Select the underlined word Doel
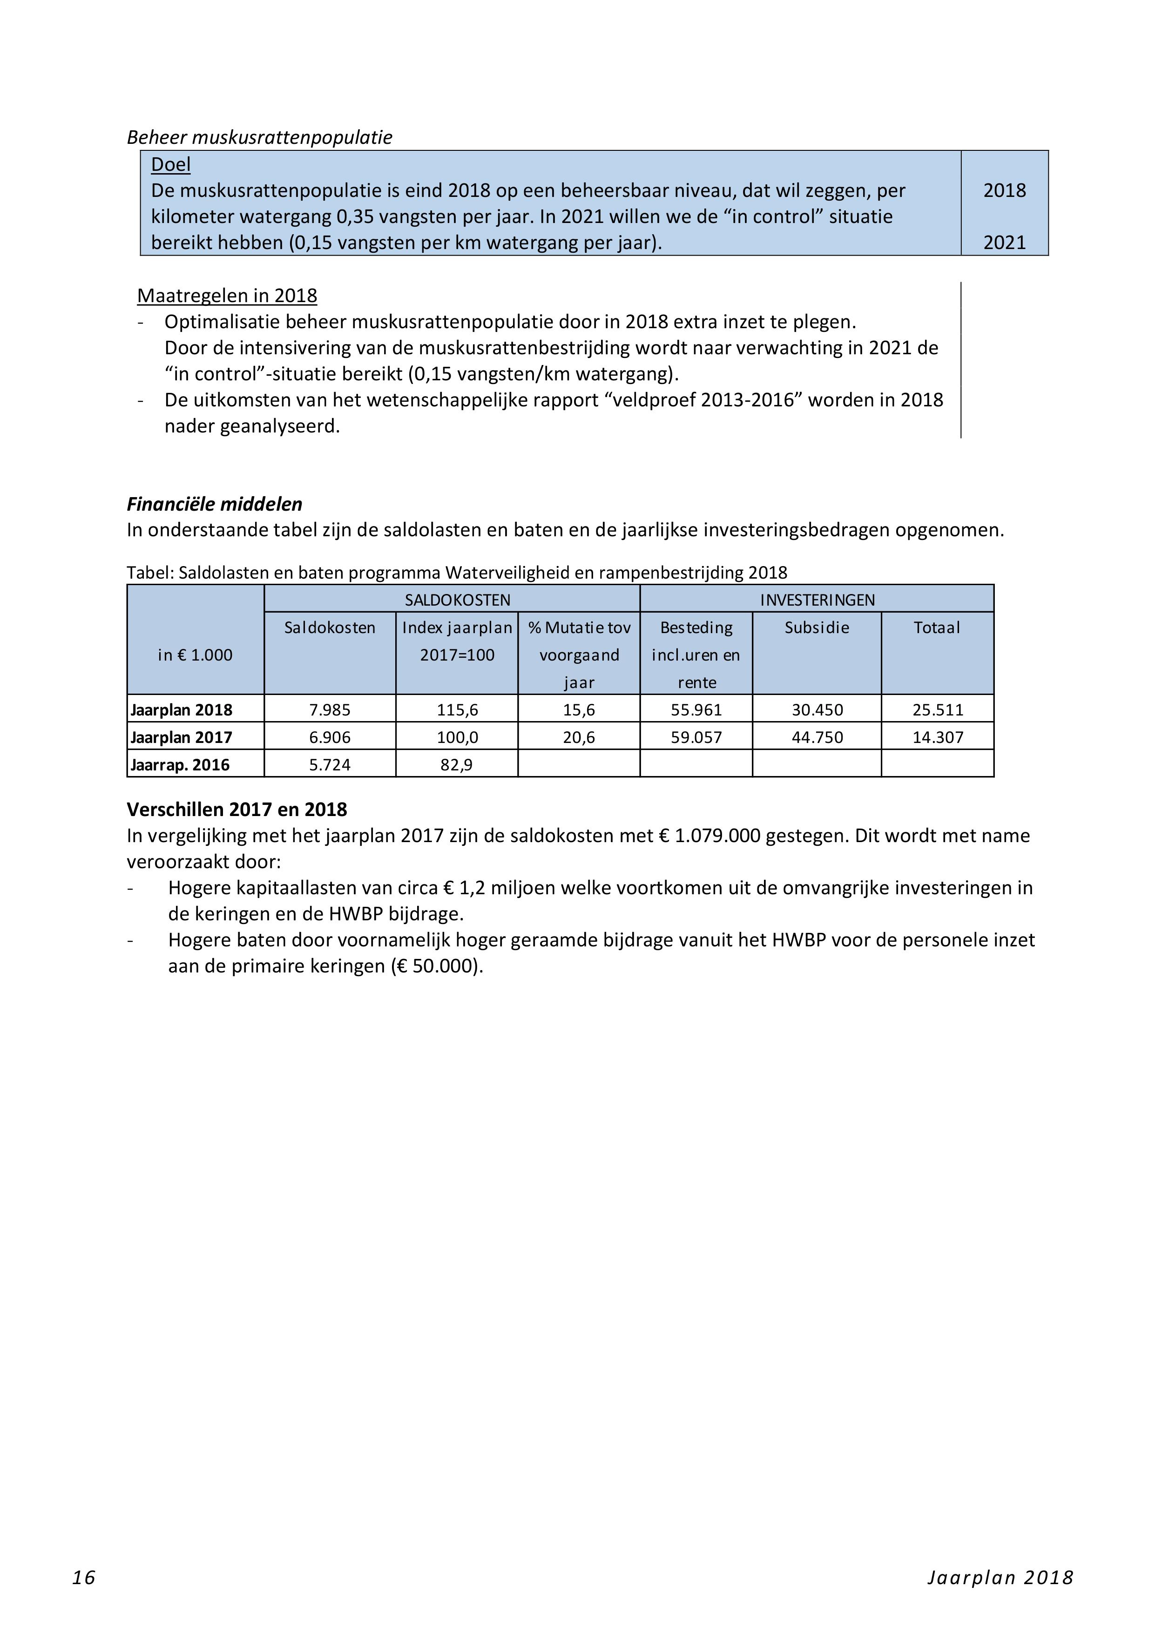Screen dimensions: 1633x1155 (x=171, y=164)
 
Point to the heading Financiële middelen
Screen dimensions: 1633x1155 (x=214, y=504)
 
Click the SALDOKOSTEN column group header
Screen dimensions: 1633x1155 (x=457, y=600)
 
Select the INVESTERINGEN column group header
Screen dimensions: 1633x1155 (x=817, y=600)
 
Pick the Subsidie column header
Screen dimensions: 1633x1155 (x=817, y=628)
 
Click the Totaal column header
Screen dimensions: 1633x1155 (x=937, y=628)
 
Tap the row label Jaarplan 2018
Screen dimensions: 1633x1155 (x=182, y=710)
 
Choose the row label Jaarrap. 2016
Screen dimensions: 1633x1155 (x=180, y=764)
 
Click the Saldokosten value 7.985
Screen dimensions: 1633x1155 (x=329, y=710)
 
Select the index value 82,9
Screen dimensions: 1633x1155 (x=457, y=764)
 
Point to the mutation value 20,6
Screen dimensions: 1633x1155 (x=579, y=737)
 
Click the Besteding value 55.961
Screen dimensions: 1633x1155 (x=696, y=710)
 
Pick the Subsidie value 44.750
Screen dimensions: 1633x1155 (x=817, y=737)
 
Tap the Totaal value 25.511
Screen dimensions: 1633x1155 (x=938, y=710)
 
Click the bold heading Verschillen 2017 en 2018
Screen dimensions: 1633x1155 (x=237, y=810)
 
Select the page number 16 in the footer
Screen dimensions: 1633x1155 (x=84, y=1578)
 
